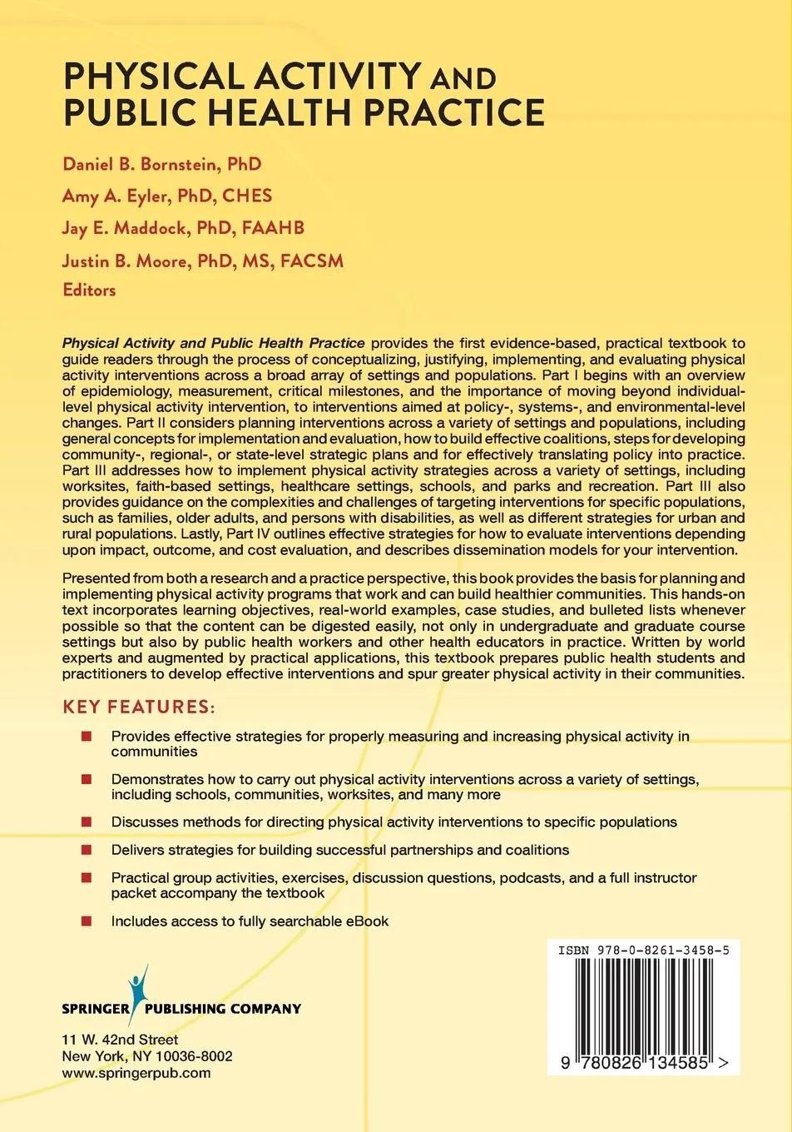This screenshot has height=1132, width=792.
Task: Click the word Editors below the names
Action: (89, 290)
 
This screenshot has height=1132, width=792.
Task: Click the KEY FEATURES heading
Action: (139, 707)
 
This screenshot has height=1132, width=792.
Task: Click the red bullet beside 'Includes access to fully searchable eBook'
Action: (87, 921)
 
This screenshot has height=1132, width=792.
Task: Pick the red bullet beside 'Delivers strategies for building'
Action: (87, 850)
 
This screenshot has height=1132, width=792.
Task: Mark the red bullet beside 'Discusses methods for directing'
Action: (87, 822)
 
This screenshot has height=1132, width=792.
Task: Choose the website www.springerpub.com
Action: (136, 1073)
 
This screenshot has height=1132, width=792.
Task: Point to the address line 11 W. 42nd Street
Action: (120, 1040)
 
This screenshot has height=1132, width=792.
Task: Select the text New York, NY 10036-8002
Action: (147, 1056)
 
